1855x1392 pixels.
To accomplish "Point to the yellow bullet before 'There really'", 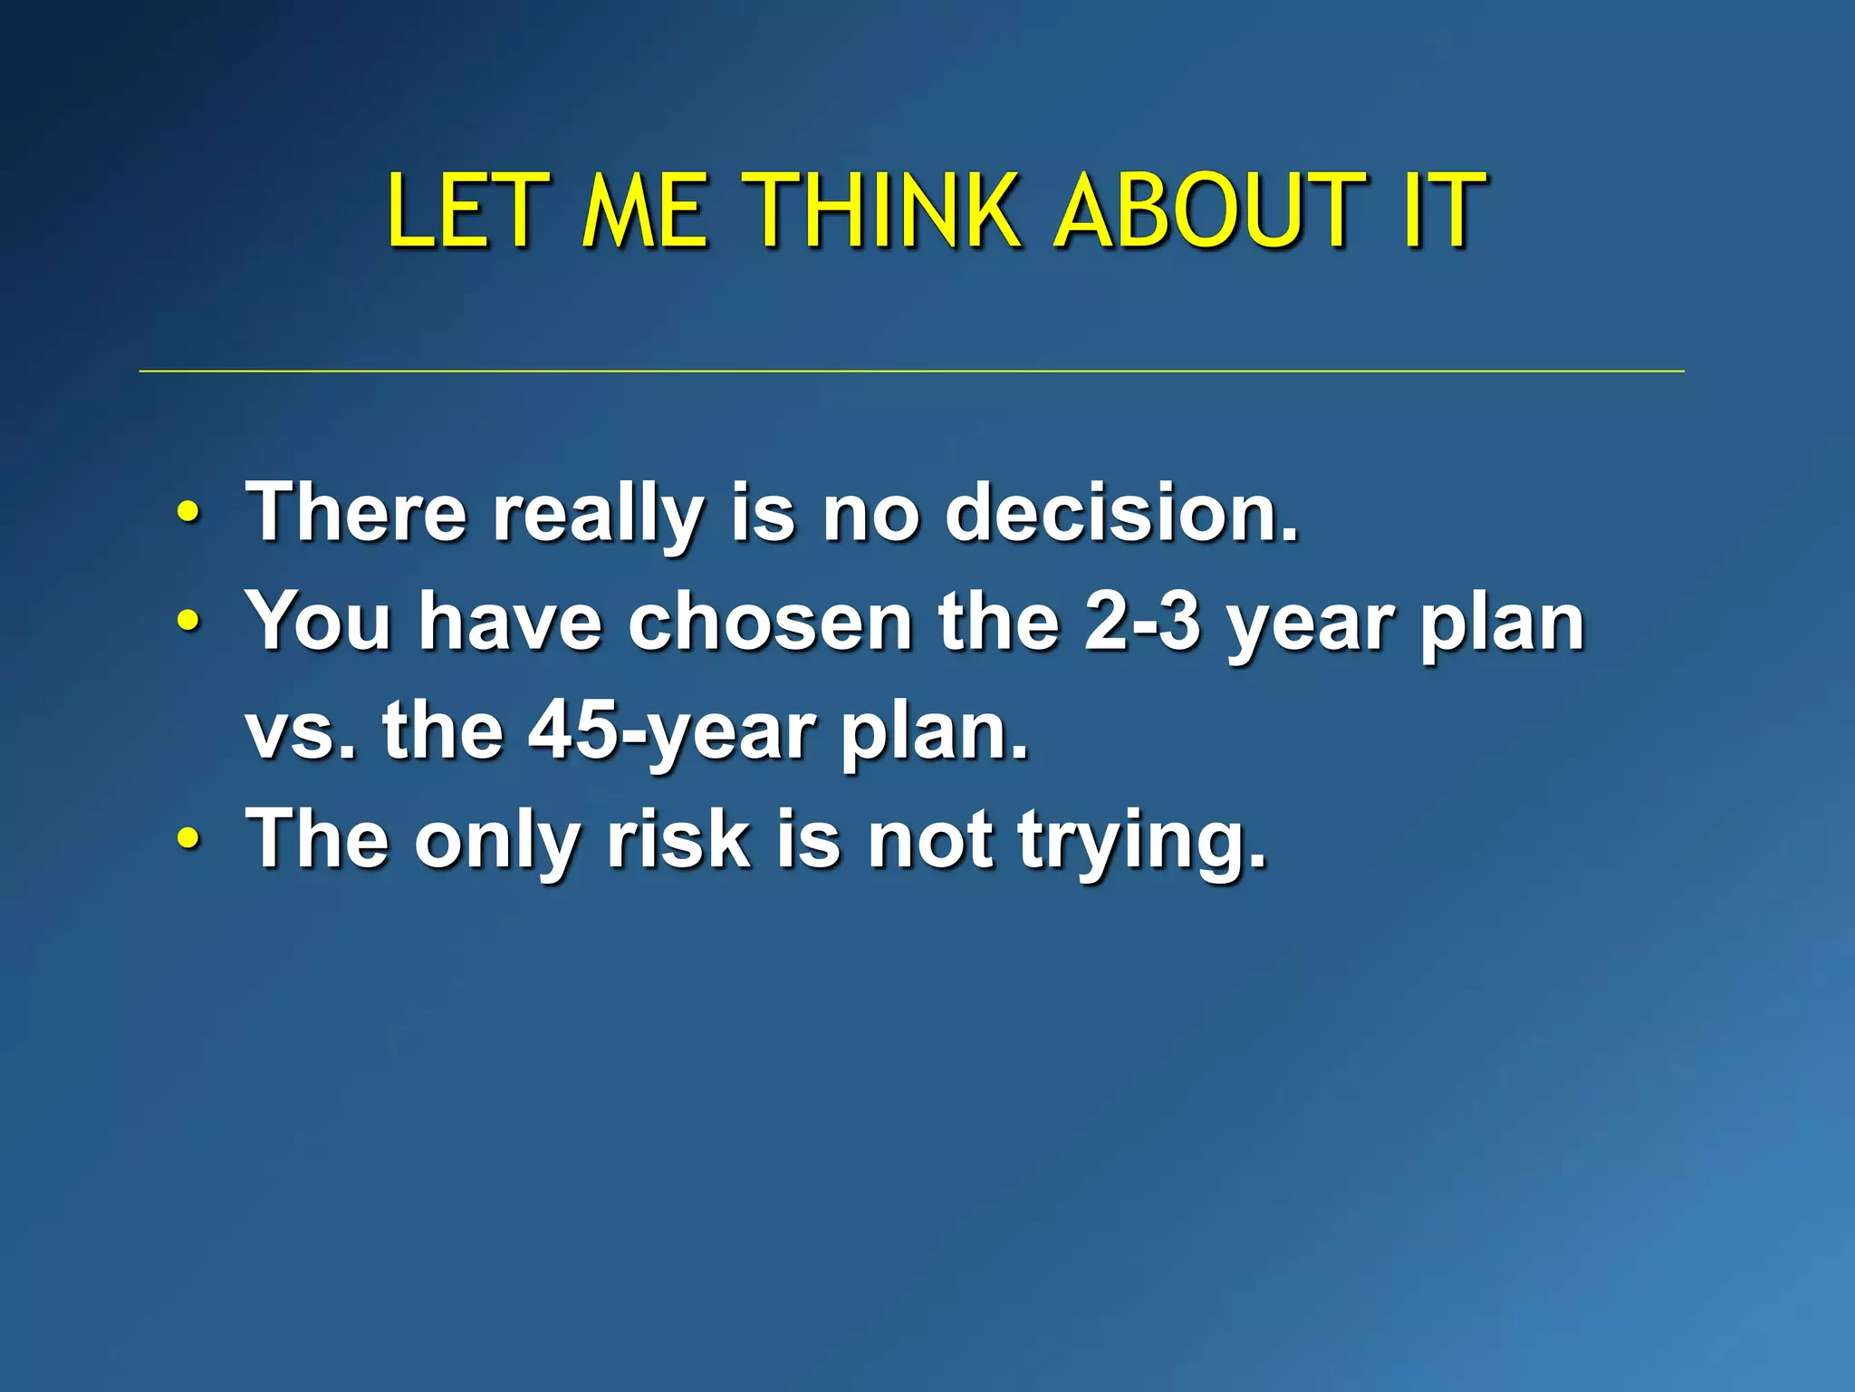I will (x=187, y=514).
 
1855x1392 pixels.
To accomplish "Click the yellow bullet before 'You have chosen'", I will (x=187, y=623).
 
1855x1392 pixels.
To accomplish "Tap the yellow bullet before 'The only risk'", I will (x=187, y=839).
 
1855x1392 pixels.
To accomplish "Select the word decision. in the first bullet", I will (x=1121, y=513).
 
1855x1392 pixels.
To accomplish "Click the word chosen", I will (x=770, y=622).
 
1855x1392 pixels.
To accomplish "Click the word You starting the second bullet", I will (x=319, y=622).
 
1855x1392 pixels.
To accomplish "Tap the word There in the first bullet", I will (x=356, y=513).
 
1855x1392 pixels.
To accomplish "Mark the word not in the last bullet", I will (x=929, y=839).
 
